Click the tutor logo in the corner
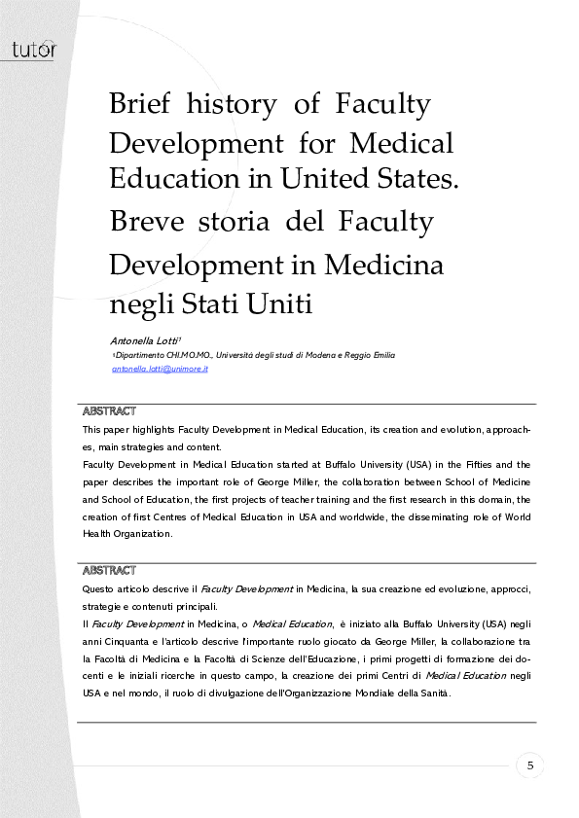click(x=33, y=49)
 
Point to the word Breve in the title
click(x=140, y=222)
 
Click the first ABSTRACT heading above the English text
click(x=109, y=411)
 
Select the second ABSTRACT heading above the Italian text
click(x=109, y=570)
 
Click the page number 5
click(x=530, y=765)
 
